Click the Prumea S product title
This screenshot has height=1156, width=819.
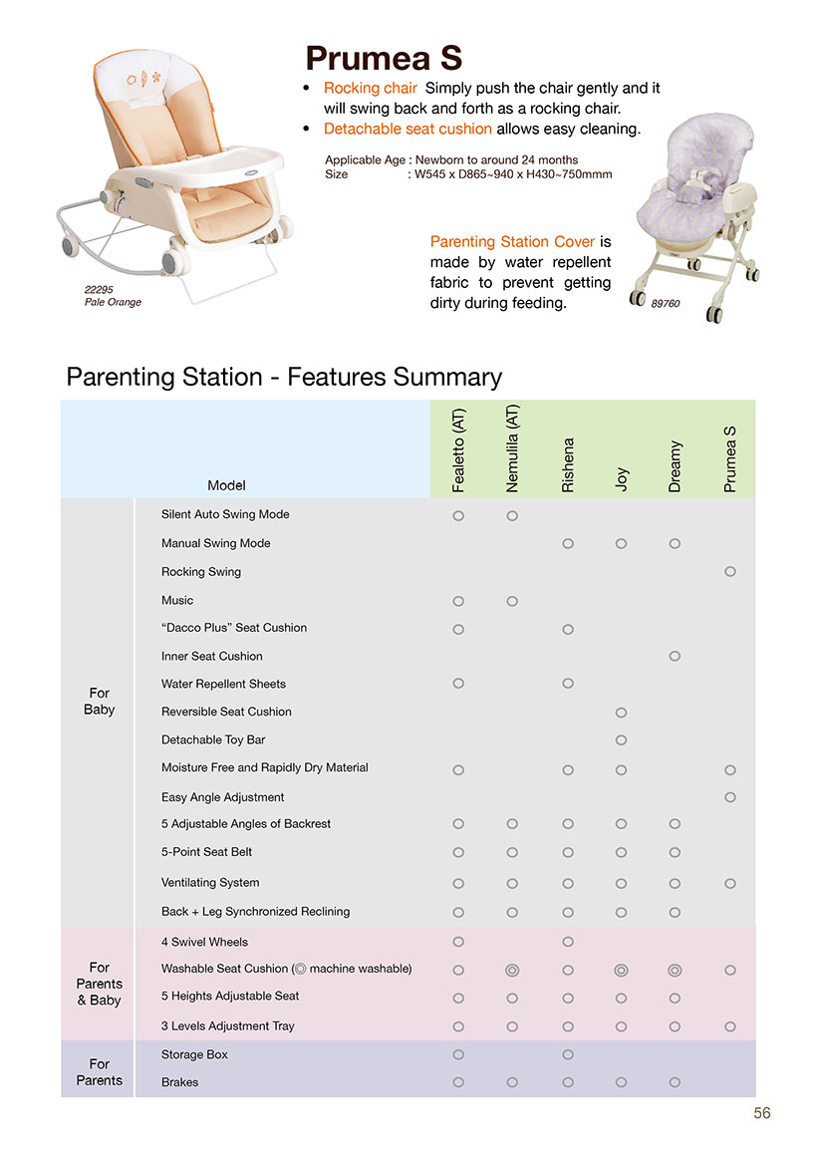pyautogui.click(x=384, y=57)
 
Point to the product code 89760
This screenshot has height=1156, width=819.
pyautogui.click(x=665, y=303)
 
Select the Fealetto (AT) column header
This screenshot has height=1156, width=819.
pyautogui.click(x=458, y=449)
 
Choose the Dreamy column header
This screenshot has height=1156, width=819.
pyautogui.click(x=675, y=465)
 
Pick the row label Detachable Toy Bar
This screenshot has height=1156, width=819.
pyautogui.click(x=213, y=739)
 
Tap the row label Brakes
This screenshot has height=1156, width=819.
pyautogui.click(x=179, y=1082)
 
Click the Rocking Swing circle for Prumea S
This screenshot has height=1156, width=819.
pyautogui.click(x=730, y=572)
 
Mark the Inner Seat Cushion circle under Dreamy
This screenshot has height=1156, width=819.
pyautogui.click(x=675, y=656)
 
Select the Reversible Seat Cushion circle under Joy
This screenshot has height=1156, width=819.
pyautogui.click(x=621, y=713)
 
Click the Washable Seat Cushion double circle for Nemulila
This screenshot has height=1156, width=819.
pyautogui.click(x=512, y=970)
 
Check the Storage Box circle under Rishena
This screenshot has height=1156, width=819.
pyautogui.click(x=567, y=1054)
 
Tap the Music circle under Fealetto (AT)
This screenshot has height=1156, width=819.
pyautogui.click(x=458, y=601)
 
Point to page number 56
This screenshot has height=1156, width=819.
pyautogui.click(x=761, y=1114)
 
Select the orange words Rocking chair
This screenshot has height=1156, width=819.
pyautogui.click(x=371, y=88)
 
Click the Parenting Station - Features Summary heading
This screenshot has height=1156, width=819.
pyautogui.click(x=284, y=377)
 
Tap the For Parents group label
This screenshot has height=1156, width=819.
pyautogui.click(x=99, y=1071)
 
